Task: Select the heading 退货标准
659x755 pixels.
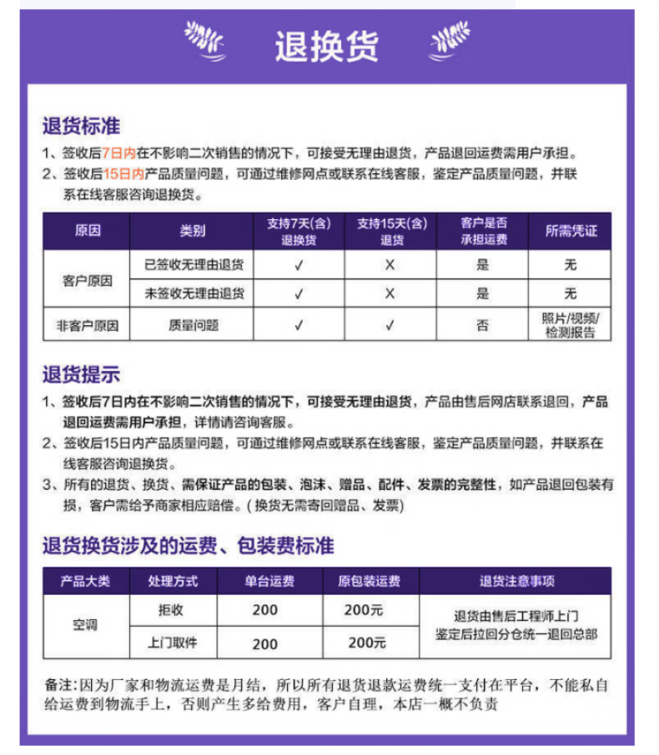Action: coord(82,127)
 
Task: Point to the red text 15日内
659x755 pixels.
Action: coord(123,174)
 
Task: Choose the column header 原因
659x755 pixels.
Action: coord(88,231)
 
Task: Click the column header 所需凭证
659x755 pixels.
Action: coord(571,231)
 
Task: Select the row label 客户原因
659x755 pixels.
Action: coord(88,280)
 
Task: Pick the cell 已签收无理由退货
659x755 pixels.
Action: coord(193,265)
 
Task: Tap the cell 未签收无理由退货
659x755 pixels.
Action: coord(193,293)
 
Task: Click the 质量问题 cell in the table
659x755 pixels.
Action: coord(193,325)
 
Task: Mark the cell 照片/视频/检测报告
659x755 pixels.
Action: coord(571,325)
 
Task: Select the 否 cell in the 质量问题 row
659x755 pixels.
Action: coord(482,325)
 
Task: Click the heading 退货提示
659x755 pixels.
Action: coord(82,374)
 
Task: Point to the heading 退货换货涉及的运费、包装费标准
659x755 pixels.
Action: coord(189,546)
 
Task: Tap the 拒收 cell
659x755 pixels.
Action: coord(171,610)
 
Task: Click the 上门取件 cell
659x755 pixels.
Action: coord(171,642)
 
